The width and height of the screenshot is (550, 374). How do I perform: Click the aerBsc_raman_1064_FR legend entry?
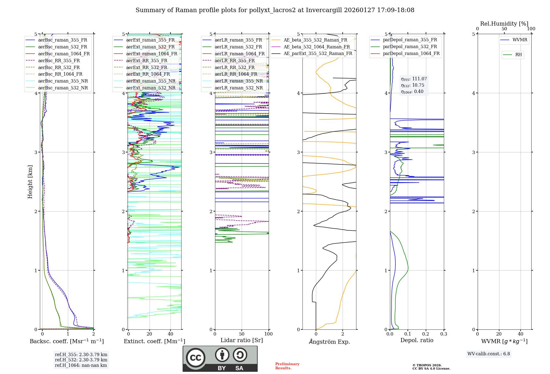[64, 54]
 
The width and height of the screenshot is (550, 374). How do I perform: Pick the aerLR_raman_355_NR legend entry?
[238, 81]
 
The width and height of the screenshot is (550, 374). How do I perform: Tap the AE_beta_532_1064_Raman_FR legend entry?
[317, 47]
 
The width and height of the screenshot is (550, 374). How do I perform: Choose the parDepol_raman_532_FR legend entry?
[410, 47]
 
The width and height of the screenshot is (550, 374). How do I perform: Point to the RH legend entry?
[518, 55]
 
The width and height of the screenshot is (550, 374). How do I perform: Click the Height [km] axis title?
[30, 182]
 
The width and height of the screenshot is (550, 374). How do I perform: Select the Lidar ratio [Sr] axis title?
[242, 340]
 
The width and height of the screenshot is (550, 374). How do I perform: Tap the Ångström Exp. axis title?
[329, 342]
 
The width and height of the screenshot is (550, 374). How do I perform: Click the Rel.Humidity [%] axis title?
[504, 24]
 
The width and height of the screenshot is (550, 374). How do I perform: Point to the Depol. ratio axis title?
[417, 340]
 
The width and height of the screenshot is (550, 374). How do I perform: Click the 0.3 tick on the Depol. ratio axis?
[444, 334]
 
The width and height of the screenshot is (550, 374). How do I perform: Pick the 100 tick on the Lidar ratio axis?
[268, 334]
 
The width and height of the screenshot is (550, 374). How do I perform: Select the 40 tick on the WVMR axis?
[521, 334]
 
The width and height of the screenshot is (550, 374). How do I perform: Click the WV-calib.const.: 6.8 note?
[489, 354]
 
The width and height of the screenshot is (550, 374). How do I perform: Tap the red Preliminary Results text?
[287, 366]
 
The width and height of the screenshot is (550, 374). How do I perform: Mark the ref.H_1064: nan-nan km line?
[81, 365]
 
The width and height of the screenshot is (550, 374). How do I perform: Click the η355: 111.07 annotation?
[414, 79]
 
